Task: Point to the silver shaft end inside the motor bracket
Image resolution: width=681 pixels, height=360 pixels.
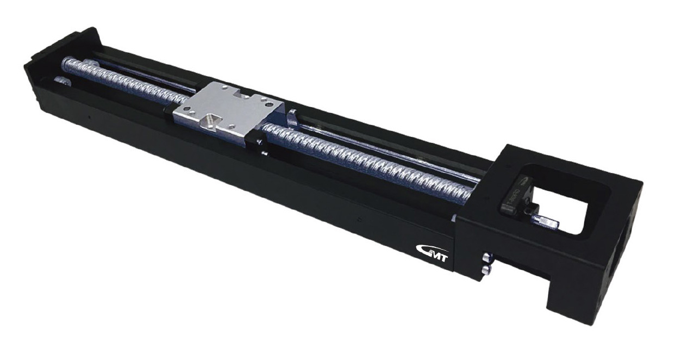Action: tap(546, 221)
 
